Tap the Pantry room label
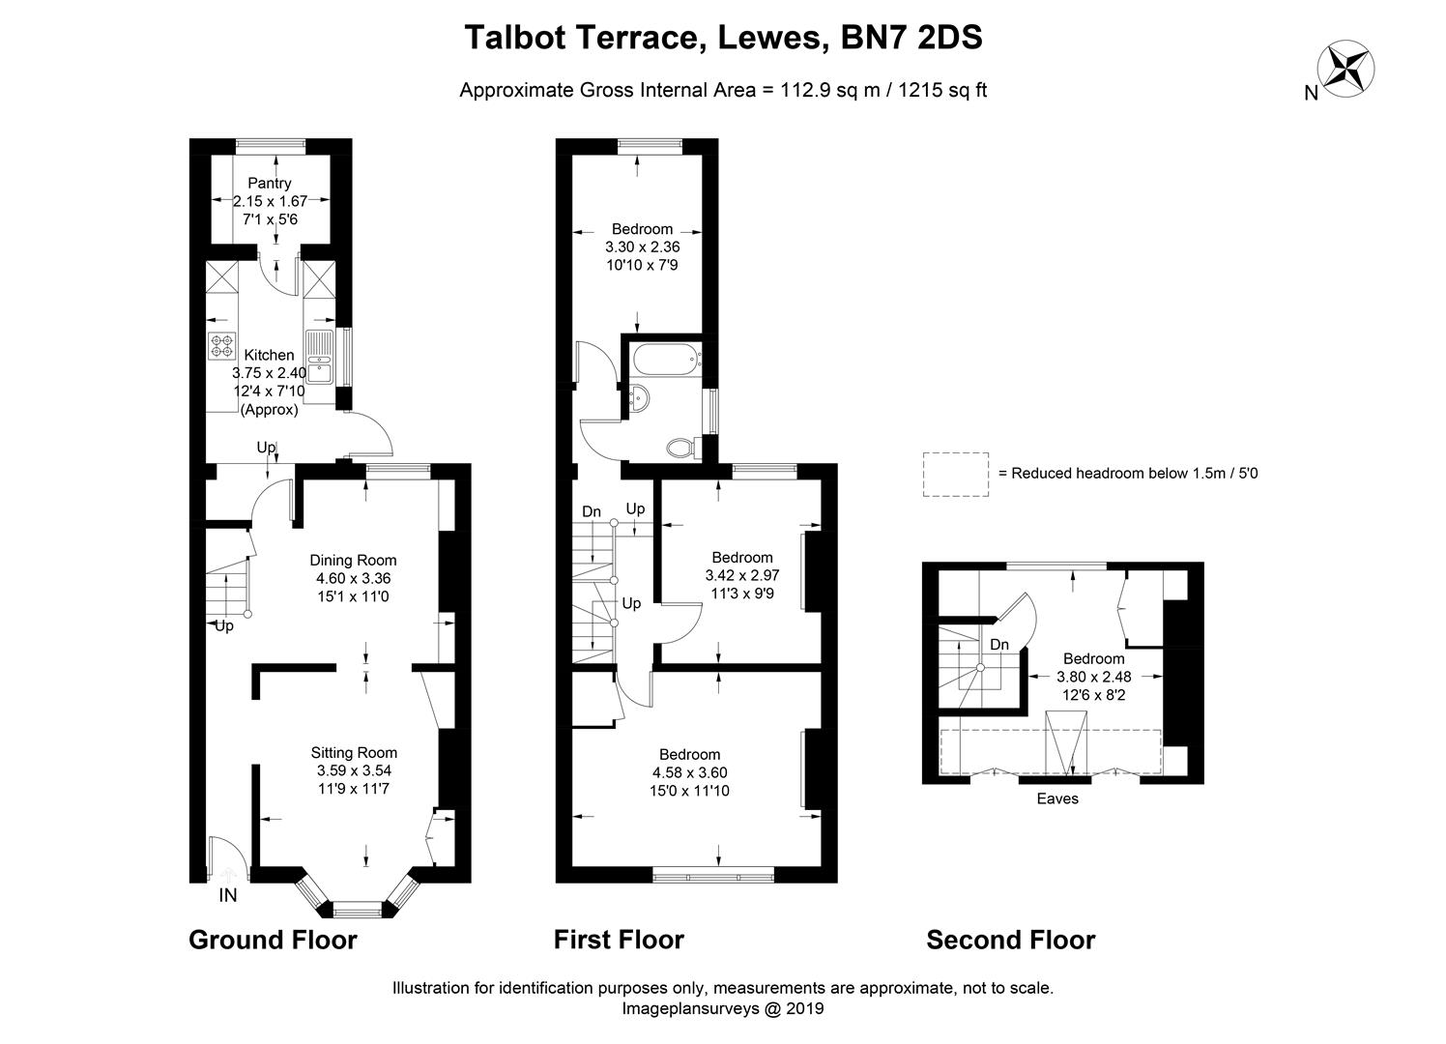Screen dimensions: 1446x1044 pyautogui.click(x=270, y=183)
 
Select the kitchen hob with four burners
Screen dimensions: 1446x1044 pyautogui.click(x=221, y=343)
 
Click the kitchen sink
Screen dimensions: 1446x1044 pyautogui.click(x=319, y=357)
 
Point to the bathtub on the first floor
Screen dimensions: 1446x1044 pyautogui.click(x=663, y=361)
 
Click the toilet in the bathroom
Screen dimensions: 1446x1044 pyautogui.click(x=681, y=447)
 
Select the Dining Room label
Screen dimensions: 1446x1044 pyautogui.click(x=353, y=560)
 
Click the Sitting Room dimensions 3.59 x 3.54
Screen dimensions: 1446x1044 pyautogui.click(x=354, y=770)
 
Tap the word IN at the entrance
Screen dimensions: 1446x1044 pyautogui.click(x=227, y=896)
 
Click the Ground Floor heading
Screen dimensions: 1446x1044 pyautogui.click(x=273, y=940)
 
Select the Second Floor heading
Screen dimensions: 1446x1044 pyautogui.click(x=1011, y=940)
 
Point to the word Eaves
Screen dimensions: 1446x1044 pyautogui.click(x=1057, y=798)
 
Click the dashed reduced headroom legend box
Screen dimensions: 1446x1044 pyautogui.click(x=955, y=474)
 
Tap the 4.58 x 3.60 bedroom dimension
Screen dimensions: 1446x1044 pyautogui.click(x=690, y=772)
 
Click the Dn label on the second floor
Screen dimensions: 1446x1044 pyautogui.click(x=999, y=645)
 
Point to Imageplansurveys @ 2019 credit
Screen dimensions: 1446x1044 pyautogui.click(x=722, y=1008)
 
